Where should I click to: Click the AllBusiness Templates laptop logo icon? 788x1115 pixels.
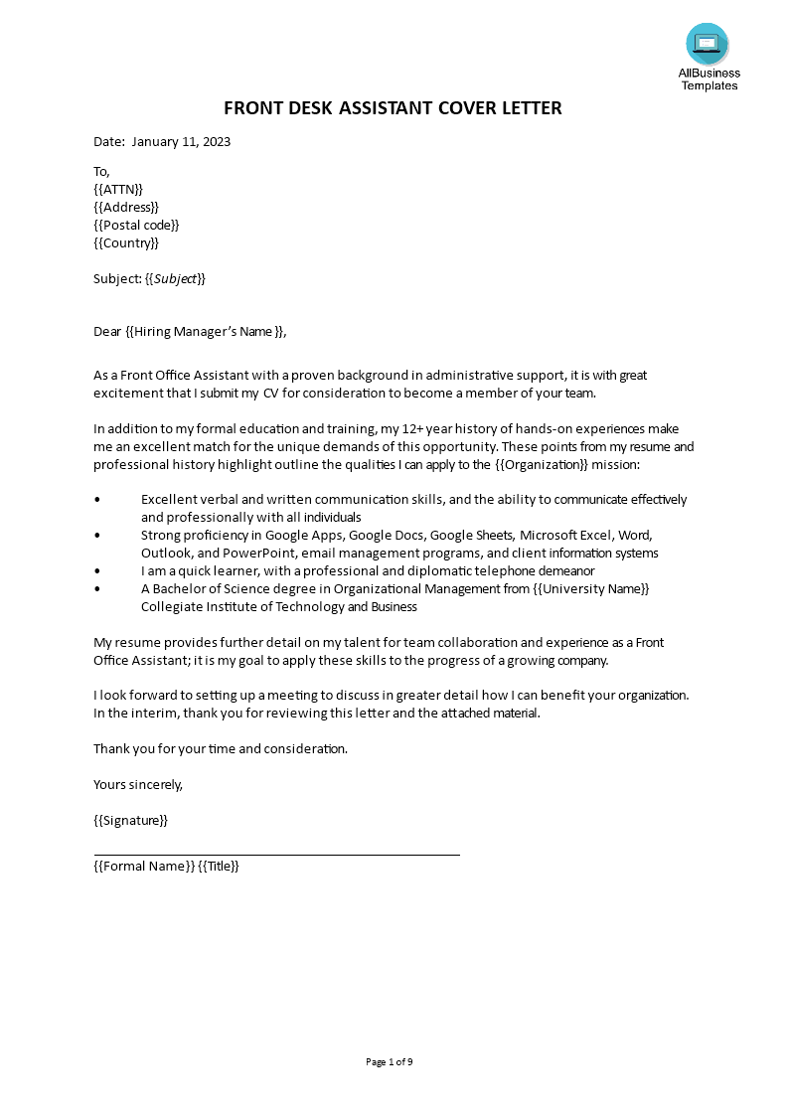pos(707,44)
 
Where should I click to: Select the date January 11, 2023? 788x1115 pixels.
pos(181,141)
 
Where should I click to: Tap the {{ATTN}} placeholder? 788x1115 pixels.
pos(118,189)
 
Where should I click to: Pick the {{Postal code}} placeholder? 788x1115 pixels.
pos(136,225)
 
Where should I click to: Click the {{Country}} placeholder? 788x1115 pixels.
pos(126,242)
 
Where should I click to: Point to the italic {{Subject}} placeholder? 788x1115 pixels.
pos(176,278)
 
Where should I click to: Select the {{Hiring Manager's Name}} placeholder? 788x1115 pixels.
pos(206,332)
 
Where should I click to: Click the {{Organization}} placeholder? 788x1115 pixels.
pos(549,464)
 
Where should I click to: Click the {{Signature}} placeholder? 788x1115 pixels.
pos(131,821)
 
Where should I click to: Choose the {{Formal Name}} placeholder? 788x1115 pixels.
pos(144,866)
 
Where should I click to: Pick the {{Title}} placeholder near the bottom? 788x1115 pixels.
pos(219,866)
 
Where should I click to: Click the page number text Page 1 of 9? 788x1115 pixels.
pos(390,1062)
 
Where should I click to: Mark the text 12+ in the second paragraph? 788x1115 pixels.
pos(418,428)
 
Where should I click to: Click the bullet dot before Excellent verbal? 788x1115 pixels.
pos(97,500)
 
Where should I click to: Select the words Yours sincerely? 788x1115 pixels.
pos(138,784)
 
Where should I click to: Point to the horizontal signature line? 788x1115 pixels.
pos(276,854)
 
